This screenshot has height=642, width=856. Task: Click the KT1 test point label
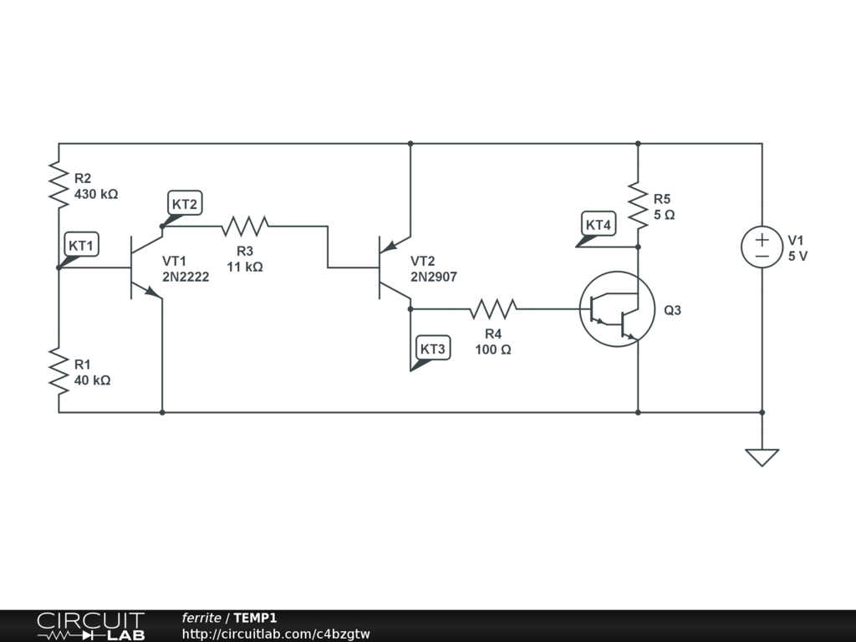tap(82, 246)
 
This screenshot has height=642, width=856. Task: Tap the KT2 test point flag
tap(185, 204)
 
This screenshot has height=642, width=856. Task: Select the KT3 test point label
tap(433, 349)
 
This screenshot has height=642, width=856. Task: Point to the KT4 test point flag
tap(599, 225)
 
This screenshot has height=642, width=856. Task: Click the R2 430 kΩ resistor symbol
tap(59, 185)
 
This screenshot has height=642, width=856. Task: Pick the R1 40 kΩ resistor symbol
tap(59, 372)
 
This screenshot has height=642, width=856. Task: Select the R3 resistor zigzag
tap(244, 226)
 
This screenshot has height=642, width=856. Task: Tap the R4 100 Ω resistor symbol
tap(492, 308)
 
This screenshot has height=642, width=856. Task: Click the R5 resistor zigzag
tap(638, 206)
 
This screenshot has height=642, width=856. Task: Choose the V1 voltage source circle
tap(762, 247)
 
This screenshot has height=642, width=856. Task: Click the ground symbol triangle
tap(762, 457)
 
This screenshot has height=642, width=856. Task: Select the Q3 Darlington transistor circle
tap(617, 309)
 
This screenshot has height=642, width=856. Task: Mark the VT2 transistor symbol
tap(391, 267)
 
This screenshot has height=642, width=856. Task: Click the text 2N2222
tap(186, 277)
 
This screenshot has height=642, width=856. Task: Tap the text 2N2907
tap(434, 277)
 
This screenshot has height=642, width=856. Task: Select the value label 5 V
tap(797, 257)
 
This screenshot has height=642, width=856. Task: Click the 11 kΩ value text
tap(245, 267)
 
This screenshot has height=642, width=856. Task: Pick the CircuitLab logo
tap(90, 626)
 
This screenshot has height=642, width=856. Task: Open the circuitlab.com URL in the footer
tap(276, 634)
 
